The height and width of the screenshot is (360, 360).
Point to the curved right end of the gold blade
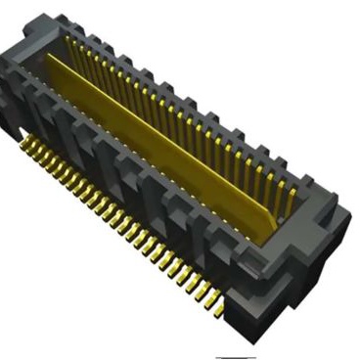266,227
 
